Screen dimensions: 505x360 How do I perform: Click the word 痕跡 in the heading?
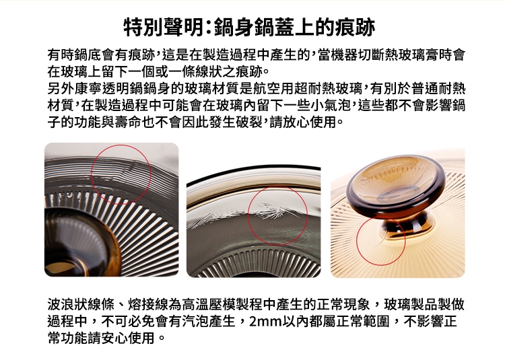[356, 28]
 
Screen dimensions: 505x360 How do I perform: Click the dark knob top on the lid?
[396, 182]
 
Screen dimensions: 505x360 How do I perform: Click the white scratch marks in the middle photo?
[275, 211]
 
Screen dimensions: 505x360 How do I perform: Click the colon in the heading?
[208, 28]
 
